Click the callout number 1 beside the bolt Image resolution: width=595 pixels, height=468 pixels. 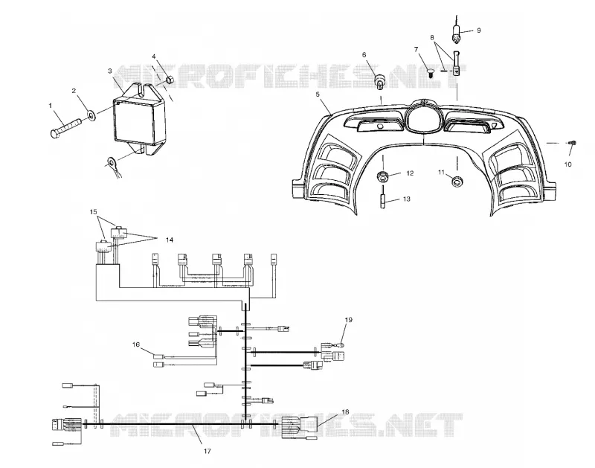(51, 106)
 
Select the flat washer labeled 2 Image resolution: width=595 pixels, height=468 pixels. (91, 115)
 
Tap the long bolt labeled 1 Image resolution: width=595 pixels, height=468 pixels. (65, 127)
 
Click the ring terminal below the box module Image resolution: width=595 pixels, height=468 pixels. (112, 163)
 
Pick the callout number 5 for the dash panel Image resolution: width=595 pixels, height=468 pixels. (318, 94)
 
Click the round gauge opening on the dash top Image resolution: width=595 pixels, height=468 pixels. (422, 118)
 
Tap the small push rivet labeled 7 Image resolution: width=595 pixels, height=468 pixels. (431, 72)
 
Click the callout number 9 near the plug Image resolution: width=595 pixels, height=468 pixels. (478, 30)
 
